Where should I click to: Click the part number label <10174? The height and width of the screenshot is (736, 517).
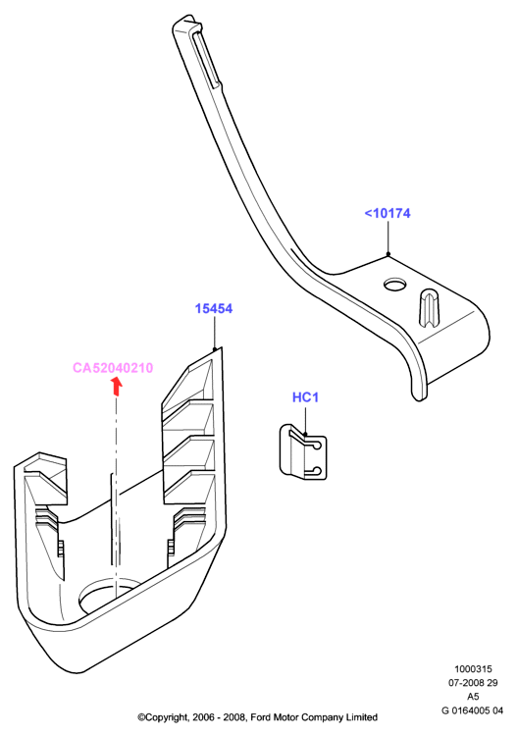388,213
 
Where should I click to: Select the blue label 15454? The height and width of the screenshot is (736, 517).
214,308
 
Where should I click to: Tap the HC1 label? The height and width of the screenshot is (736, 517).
305,397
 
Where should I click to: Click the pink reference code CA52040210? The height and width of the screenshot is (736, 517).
113,368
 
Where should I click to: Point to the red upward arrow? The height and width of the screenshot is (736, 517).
117,387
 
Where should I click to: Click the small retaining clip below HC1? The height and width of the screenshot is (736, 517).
303,451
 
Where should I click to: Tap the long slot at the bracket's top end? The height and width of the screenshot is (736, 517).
205,60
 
